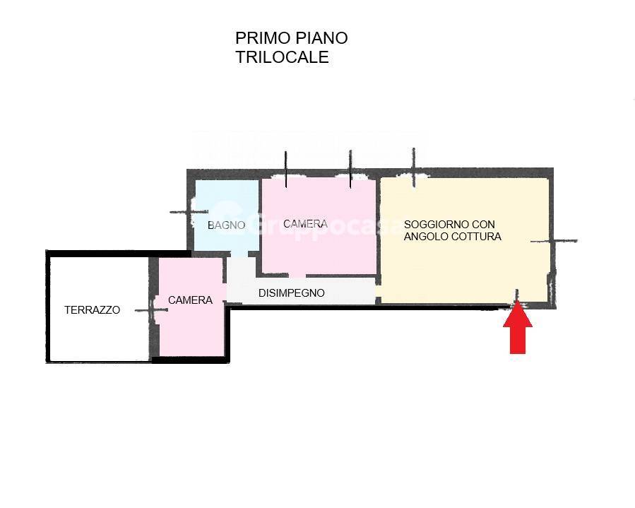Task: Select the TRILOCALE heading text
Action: (282, 57)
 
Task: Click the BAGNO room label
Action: (226, 225)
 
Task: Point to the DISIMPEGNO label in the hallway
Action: (291, 293)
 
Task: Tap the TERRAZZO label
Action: (92, 309)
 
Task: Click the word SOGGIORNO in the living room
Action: (432, 224)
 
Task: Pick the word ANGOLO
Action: (426, 237)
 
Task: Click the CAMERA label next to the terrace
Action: (190, 300)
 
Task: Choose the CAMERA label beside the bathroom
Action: (305, 224)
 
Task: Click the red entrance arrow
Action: (518, 328)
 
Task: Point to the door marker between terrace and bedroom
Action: (153, 309)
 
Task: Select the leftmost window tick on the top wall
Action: (285, 170)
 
